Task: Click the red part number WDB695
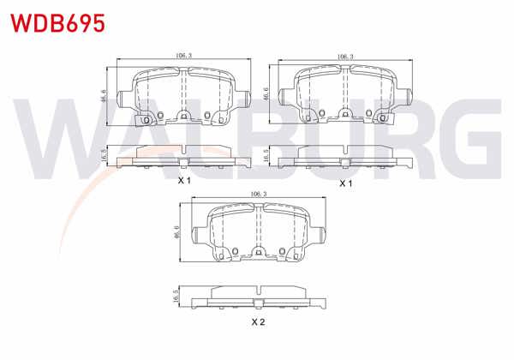58,23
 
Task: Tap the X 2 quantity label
258,322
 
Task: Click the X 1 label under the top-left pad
184,180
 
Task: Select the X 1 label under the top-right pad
345,183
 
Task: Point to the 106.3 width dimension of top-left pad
183,56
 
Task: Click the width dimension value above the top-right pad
345,57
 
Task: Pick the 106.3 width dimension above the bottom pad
259,194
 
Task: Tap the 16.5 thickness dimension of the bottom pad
176,296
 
